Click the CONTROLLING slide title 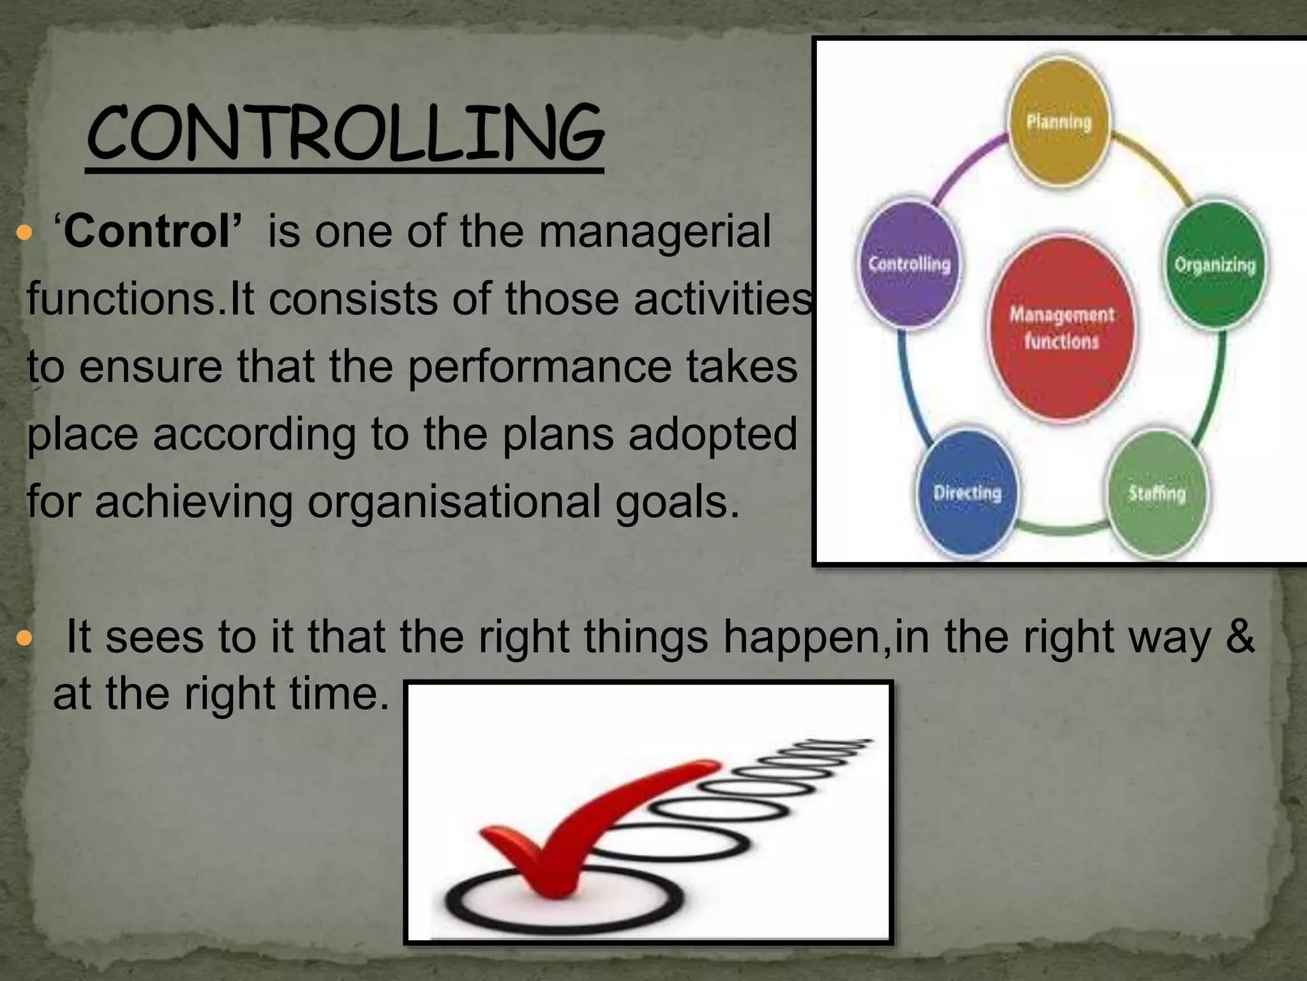[345, 134]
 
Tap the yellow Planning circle [1059, 121]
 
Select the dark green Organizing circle [1215, 265]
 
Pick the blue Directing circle [967, 493]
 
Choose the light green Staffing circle [1156, 493]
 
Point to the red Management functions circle [1061, 328]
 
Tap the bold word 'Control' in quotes [147, 231]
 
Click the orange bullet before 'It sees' [24, 638]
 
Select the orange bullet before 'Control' [24, 233]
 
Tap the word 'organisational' [454, 502]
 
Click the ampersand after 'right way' [1239, 637]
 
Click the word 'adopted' [713, 434]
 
